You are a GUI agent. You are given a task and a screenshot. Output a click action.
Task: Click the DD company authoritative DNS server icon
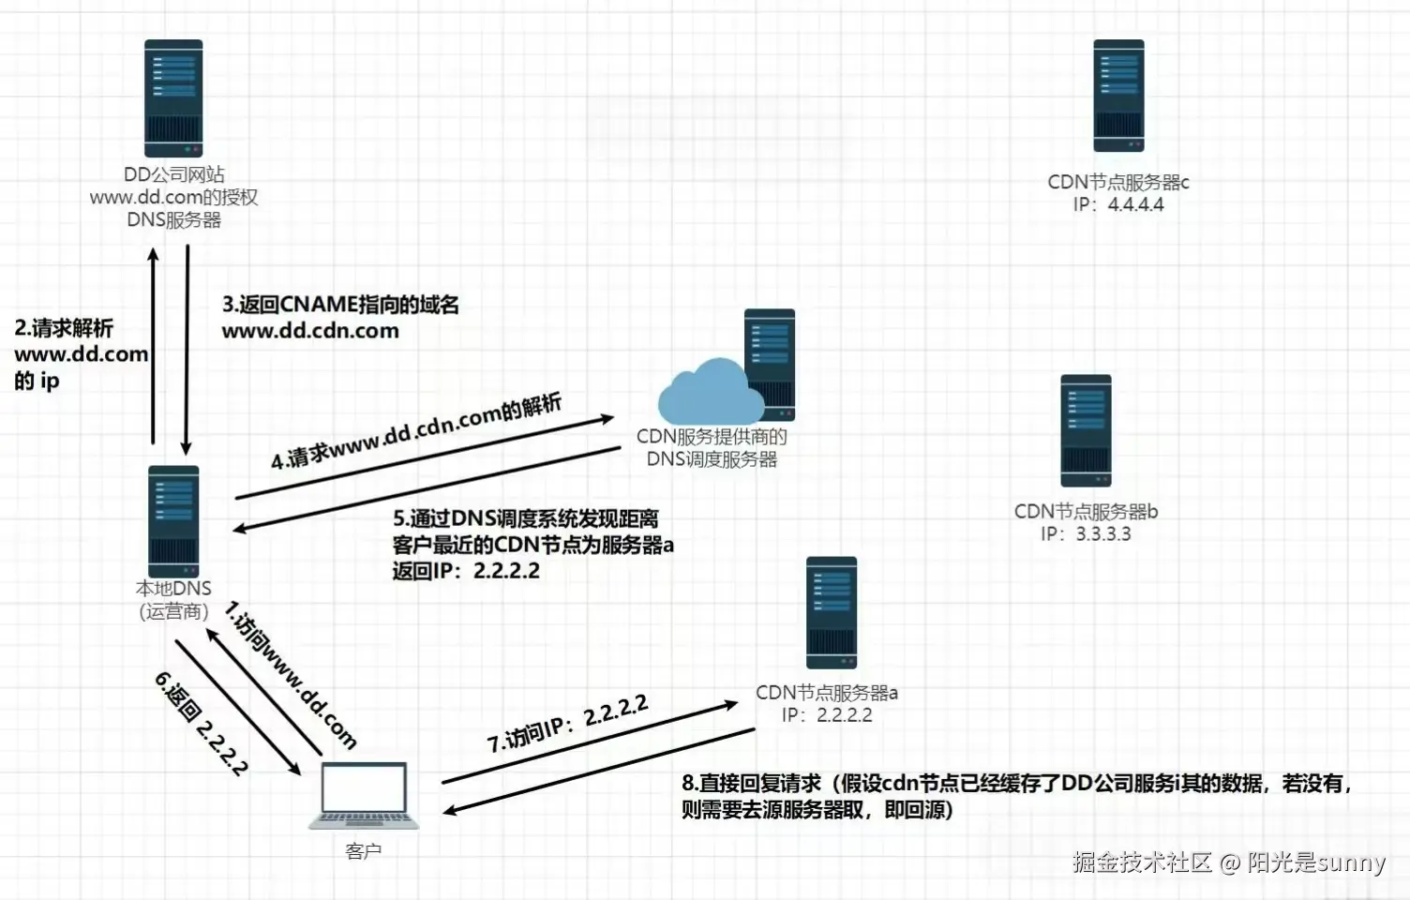(x=173, y=98)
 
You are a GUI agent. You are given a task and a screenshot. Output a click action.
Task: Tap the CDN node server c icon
(x=1118, y=96)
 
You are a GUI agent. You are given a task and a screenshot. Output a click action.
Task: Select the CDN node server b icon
(x=1086, y=430)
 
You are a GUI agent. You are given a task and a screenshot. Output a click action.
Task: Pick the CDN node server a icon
(x=832, y=613)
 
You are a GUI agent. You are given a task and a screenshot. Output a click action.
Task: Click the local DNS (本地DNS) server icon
(x=174, y=521)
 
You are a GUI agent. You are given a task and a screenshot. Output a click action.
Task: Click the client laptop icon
(x=365, y=796)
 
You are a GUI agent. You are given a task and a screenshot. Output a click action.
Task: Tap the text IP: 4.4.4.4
(x=1118, y=204)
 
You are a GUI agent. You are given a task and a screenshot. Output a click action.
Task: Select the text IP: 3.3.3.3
(x=1086, y=534)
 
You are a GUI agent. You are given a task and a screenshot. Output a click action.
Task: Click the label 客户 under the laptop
(x=364, y=851)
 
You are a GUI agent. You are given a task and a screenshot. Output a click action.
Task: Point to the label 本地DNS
(x=173, y=589)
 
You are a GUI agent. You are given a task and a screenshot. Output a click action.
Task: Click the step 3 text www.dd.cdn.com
(x=310, y=331)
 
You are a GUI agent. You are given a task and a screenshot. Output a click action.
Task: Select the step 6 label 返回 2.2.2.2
(x=202, y=723)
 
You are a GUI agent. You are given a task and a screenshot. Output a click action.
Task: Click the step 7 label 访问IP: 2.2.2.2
(x=567, y=723)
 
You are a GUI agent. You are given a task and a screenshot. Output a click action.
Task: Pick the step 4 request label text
(x=416, y=431)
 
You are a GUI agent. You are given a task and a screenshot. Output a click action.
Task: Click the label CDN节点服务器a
(x=826, y=693)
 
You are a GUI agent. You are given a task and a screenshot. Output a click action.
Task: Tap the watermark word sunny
(x=1351, y=862)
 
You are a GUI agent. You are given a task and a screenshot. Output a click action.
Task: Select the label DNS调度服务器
(x=712, y=459)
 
